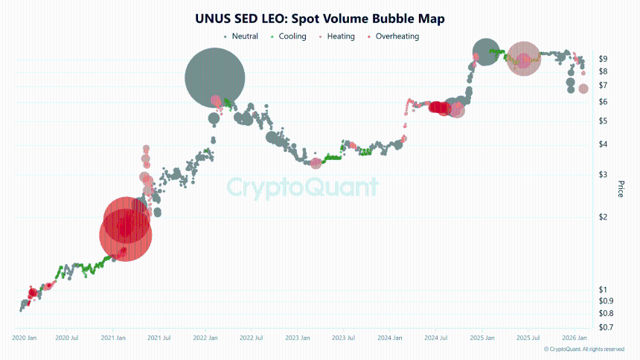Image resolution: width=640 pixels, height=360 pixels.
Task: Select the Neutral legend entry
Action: click(244, 36)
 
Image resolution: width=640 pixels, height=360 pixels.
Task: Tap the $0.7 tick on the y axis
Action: click(605, 327)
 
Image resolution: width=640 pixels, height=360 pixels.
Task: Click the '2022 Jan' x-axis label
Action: click(205, 338)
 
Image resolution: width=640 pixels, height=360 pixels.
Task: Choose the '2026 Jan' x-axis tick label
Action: click(574, 338)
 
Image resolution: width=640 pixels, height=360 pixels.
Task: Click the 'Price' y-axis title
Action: click(621, 188)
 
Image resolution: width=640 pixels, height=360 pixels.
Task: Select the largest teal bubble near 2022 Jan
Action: click(215, 77)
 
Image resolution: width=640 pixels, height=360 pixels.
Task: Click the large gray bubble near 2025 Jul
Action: click(523, 59)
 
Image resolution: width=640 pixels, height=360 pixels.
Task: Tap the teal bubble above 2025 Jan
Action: click(485, 52)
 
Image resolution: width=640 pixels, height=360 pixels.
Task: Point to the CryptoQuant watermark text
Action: click(302, 186)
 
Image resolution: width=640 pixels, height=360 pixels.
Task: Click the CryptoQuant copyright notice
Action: click(583, 349)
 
